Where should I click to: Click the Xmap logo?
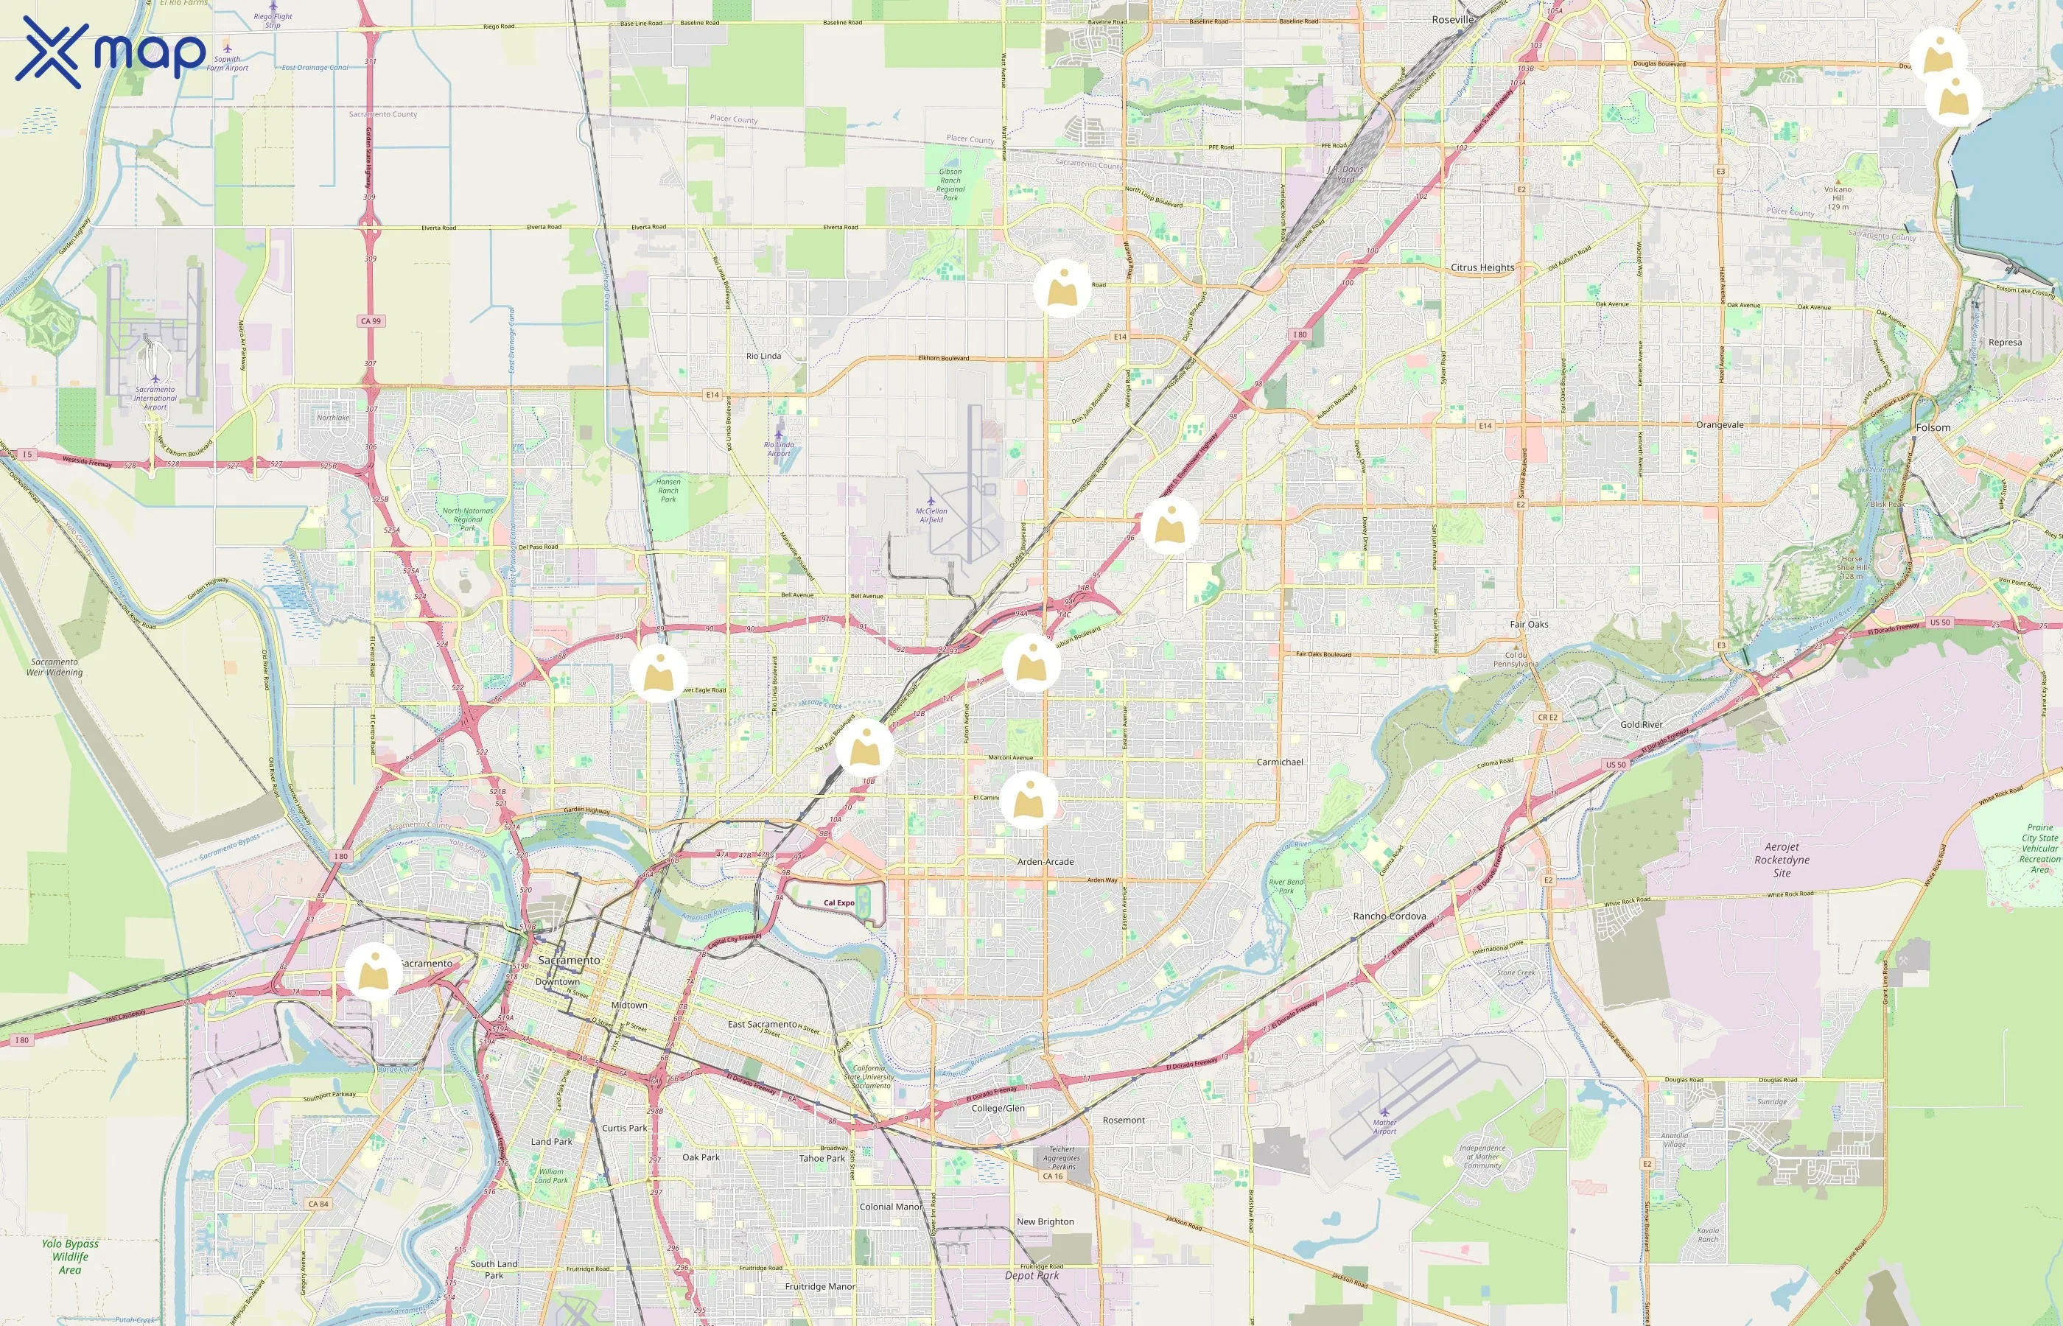click(x=111, y=52)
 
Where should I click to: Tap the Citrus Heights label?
click(x=1482, y=268)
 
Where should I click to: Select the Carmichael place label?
click(x=1280, y=762)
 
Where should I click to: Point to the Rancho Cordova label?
click(x=1389, y=916)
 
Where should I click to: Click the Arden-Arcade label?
click(x=1045, y=862)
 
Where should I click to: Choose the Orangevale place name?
click(x=1720, y=425)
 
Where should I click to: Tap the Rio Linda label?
click(x=764, y=356)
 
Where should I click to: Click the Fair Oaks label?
click(x=1529, y=624)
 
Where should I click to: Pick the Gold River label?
click(x=1641, y=725)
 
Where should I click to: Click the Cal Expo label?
click(x=838, y=903)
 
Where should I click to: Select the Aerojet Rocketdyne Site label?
click(x=1782, y=859)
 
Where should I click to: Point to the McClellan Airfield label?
click(x=931, y=515)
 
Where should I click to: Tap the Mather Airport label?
click(x=1384, y=1126)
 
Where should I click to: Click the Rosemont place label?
click(x=1124, y=1120)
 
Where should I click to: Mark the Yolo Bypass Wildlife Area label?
click(x=70, y=1256)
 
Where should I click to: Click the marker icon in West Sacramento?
click(x=374, y=971)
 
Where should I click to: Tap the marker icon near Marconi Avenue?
click(x=1028, y=800)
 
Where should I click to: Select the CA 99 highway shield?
click(x=371, y=321)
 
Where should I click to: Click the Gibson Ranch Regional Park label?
click(x=950, y=184)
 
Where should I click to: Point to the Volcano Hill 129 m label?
click(x=1838, y=197)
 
